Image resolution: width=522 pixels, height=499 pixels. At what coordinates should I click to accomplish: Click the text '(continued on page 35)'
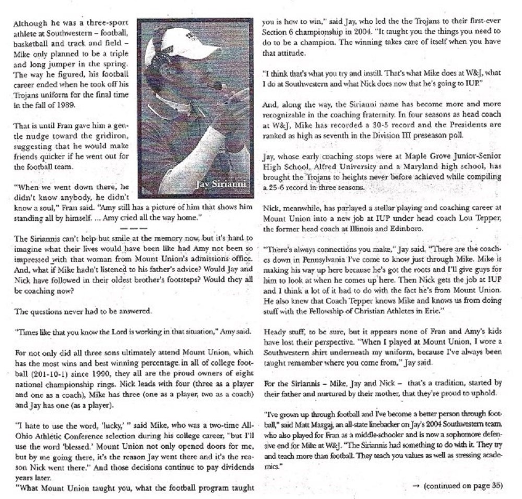[x=464, y=485]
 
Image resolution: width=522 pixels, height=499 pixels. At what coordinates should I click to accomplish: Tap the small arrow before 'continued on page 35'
[x=416, y=485]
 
